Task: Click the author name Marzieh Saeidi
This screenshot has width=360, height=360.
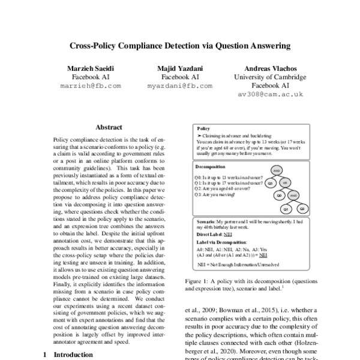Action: pyautogui.click(x=91, y=68)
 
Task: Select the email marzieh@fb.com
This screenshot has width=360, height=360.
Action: pyautogui.click(x=91, y=86)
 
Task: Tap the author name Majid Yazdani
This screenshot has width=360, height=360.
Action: pyautogui.click(x=180, y=68)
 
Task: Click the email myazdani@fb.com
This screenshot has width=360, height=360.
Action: pyautogui.click(x=180, y=86)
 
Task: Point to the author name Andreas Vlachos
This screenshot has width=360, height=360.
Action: pyautogui.click(x=269, y=68)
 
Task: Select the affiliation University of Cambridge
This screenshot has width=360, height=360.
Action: pyautogui.click(x=269, y=77)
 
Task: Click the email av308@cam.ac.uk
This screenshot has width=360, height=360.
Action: pyautogui.click(x=270, y=95)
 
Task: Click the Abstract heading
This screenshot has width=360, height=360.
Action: pyautogui.click(x=109, y=127)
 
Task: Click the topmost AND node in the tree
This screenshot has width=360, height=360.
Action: pyautogui.click(x=277, y=170)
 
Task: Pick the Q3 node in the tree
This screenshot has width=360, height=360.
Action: pyautogui.click(x=270, y=183)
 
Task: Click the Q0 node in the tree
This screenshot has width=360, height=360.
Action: pyautogui.click(x=278, y=196)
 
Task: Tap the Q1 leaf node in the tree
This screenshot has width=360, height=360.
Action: pyautogui.click(x=286, y=209)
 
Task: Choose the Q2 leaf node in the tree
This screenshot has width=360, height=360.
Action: pyautogui.click(x=302, y=209)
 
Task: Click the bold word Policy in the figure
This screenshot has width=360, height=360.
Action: pyautogui.click(x=203, y=128)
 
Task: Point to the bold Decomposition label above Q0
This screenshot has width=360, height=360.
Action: pyautogui.click(x=211, y=166)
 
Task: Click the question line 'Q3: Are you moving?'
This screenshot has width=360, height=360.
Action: pyautogui.click(x=215, y=195)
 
